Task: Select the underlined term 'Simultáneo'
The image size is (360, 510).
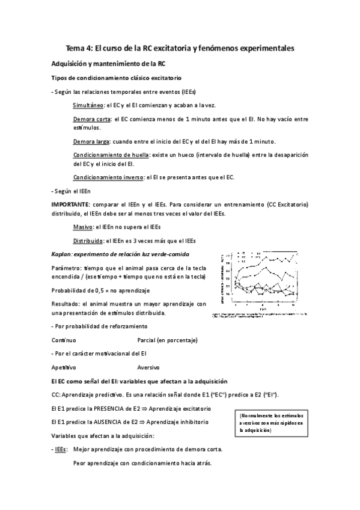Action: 88,105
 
